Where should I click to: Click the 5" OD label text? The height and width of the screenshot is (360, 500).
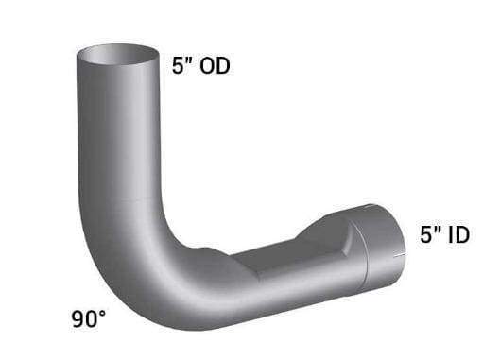[x=201, y=66]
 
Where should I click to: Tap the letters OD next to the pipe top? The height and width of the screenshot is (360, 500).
[x=215, y=66]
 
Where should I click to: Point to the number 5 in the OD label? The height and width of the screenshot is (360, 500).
[x=178, y=66]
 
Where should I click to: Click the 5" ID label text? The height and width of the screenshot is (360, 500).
[x=444, y=234]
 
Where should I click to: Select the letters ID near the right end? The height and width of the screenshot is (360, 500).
[x=458, y=235]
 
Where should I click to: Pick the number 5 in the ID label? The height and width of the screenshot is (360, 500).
[x=425, y=235]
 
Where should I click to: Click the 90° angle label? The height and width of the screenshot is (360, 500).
[x=89, y=319]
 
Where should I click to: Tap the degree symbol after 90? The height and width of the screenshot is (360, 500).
[x=102, y=314]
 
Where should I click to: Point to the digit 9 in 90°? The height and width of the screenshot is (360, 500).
[x=78, y=319]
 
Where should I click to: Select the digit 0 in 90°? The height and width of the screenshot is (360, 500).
[x=92, y=319]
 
